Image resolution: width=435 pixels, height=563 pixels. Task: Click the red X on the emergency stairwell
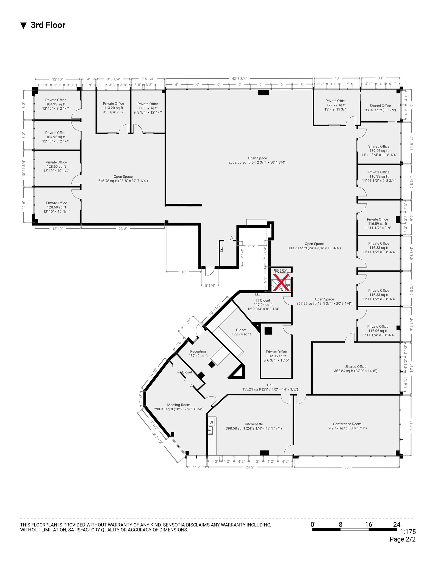281,282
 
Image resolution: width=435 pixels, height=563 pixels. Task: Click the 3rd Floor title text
48,25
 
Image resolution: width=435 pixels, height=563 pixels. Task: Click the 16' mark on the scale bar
369,525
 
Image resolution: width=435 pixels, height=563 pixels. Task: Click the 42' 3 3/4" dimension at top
239,79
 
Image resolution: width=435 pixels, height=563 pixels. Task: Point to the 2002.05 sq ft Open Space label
257,160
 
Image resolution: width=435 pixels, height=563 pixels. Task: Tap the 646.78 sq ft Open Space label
123,179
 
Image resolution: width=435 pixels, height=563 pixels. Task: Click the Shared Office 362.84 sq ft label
356,369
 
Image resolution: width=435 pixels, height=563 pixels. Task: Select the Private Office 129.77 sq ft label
336,105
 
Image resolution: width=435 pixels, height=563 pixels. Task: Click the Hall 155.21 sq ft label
270,387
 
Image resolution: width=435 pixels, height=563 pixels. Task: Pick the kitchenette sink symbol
211,430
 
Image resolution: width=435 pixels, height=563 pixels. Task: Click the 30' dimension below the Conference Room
347,467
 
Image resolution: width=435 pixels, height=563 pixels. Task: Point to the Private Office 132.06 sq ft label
276,356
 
